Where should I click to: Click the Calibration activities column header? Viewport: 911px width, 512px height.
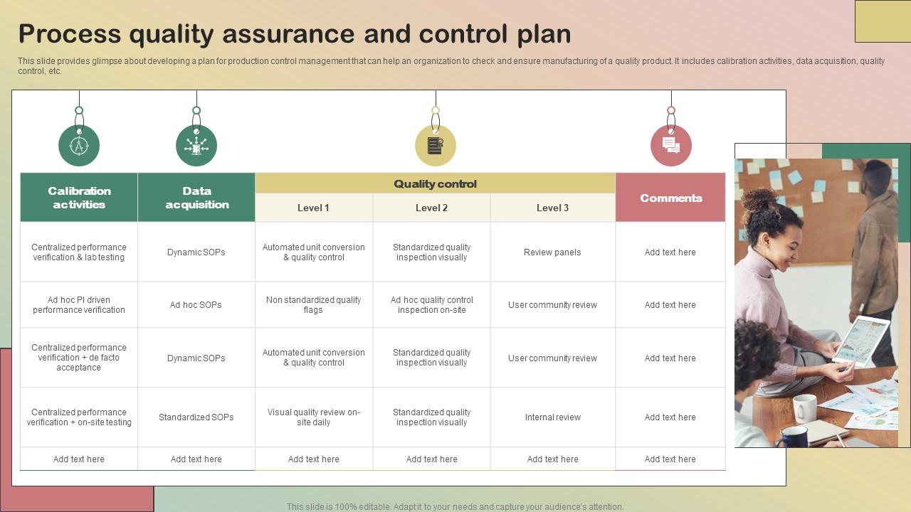click(x=79, y=198)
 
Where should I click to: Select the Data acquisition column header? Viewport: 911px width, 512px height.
click(x=196, y=198)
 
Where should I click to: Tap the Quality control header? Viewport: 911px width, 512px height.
click(x=435, y=183)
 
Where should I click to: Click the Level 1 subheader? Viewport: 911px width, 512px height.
click(x=313, y=208)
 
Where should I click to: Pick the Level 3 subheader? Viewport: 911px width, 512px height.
click(x=552, y=208)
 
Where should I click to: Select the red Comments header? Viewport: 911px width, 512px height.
click(x=670, y=198)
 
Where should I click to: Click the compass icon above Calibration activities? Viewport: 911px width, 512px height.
click(x=79, y=146)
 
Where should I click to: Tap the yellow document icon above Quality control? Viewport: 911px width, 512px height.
click(x=435, y=146)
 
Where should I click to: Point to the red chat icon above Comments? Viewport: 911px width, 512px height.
click(x=670, y=146)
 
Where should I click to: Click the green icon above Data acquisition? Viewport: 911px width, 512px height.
click(x=196, y=146)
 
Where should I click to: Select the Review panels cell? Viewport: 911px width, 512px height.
click(x=552, y=252)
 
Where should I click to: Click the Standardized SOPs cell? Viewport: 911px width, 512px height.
click(x=196, y=417)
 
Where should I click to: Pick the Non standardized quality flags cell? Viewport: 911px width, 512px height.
click(x=313, y=305)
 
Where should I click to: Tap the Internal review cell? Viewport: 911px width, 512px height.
click(x=552, y=417)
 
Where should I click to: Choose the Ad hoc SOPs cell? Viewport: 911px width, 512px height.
click(x=196, y=305)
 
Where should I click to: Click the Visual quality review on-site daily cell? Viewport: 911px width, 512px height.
click(x=313, y=417)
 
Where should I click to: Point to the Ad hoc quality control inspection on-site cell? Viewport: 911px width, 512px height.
click(x=431, y=305)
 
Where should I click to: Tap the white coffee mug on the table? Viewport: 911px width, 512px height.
click(x=804, y=407)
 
